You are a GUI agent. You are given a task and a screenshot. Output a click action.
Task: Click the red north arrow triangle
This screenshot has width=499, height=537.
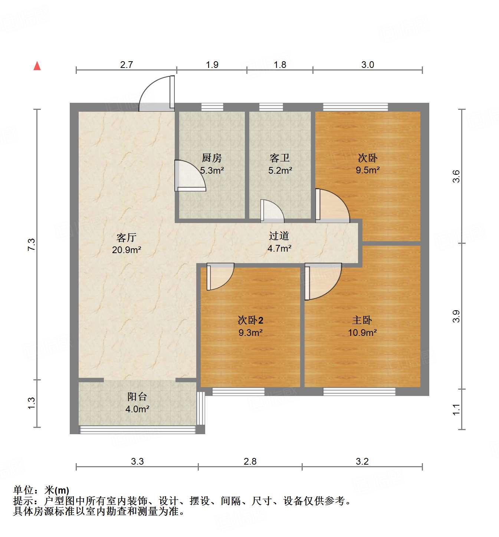point(37,66)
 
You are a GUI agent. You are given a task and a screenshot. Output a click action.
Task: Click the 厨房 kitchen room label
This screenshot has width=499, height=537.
point(211,158)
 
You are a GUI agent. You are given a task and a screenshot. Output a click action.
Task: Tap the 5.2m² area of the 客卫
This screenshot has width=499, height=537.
point(280,171)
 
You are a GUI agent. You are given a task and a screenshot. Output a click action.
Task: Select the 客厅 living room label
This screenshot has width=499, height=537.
point(127,238)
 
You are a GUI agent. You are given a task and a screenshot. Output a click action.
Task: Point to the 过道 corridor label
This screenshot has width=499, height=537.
point(279,236)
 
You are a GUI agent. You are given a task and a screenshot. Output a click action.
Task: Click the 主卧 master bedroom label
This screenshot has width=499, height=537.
point(362,320)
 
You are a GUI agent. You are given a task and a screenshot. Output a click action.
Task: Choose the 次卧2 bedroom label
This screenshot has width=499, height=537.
point(250,320)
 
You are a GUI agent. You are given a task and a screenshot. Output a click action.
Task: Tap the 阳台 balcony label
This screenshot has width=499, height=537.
point(137,397)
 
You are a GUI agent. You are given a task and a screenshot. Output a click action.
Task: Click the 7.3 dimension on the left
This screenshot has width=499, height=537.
point(32,245)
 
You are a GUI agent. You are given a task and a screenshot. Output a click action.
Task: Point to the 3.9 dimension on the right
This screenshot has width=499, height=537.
point(456,316)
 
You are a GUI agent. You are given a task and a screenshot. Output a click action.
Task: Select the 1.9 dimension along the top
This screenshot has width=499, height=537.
point(212,65)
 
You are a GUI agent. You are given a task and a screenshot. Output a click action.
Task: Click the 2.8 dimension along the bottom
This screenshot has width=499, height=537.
point(250,461)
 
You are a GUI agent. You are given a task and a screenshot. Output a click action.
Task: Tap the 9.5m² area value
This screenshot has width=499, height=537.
point(368,170)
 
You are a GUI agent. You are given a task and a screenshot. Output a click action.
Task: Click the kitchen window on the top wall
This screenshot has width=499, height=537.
point(212,107)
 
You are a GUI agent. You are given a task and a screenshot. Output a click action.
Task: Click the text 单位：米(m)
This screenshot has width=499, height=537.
point(41,490)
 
